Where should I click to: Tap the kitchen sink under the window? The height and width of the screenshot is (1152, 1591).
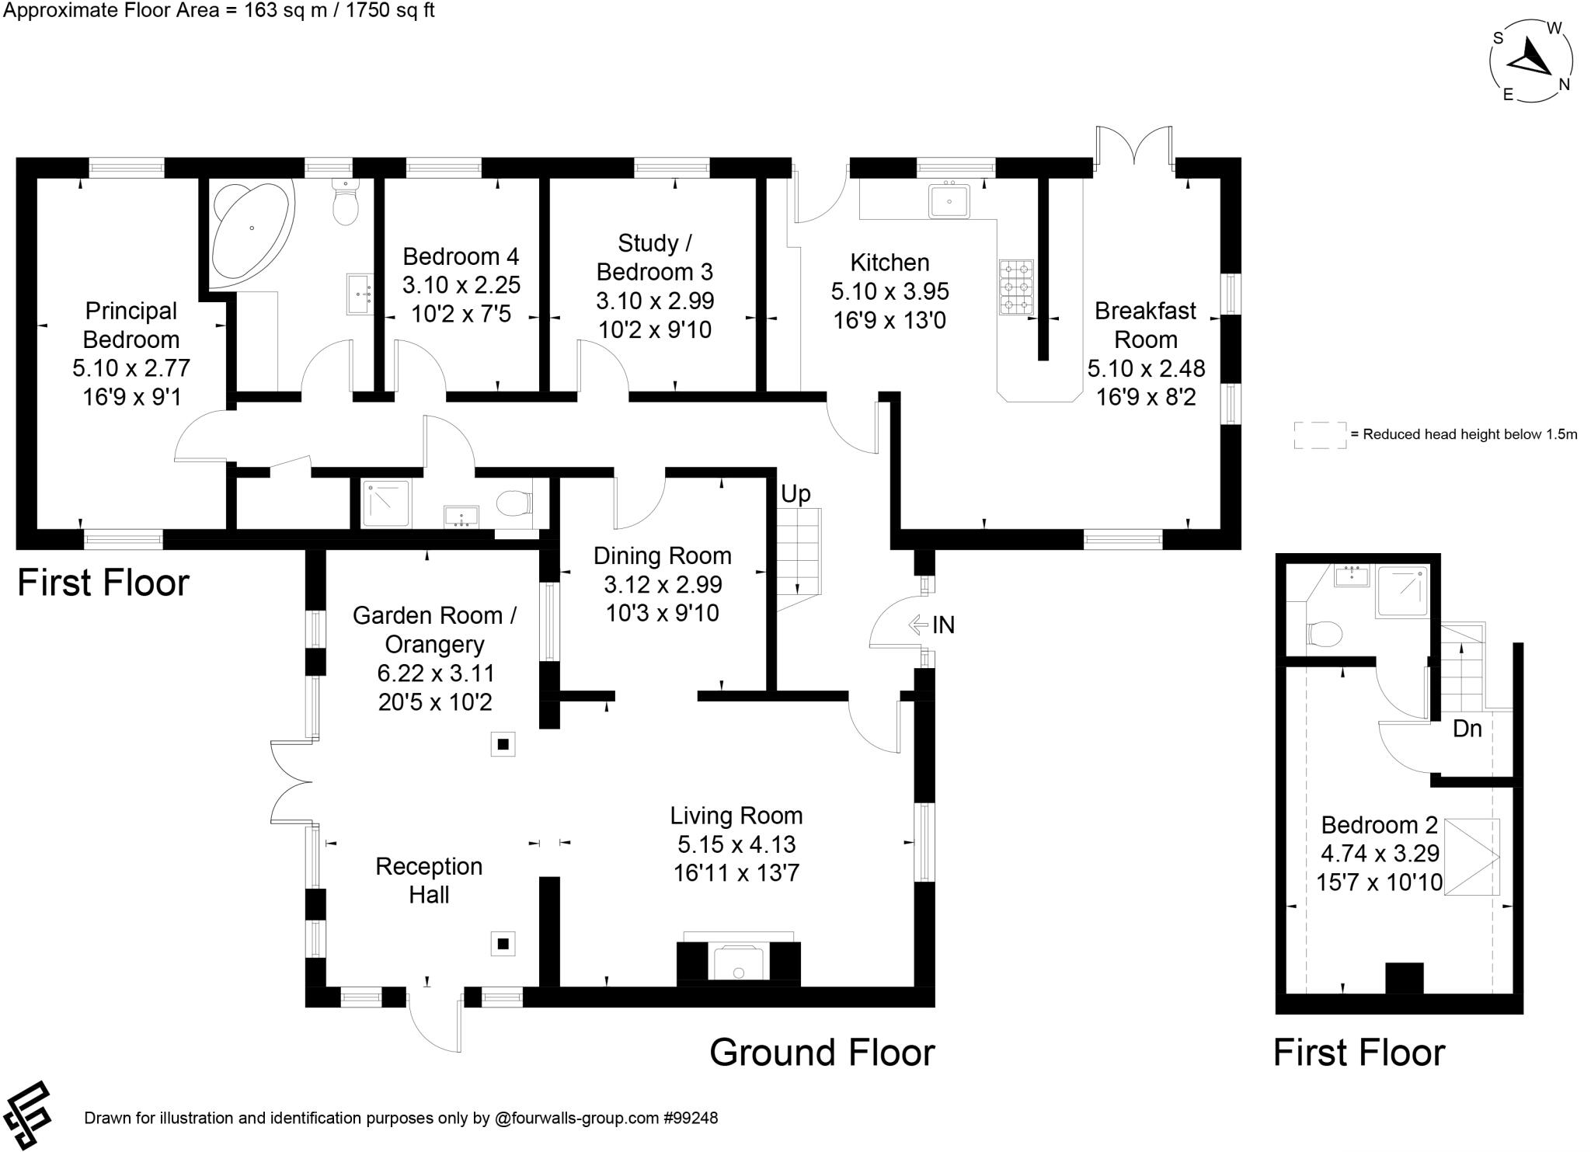pos(949,201)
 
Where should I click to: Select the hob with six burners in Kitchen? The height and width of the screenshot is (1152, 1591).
pos(1016,287)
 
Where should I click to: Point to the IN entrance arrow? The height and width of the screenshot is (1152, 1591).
pos(920,624)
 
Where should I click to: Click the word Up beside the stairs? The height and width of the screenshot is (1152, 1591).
pos(795,494)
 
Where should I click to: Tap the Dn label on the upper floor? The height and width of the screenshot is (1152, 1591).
pos(1467,729)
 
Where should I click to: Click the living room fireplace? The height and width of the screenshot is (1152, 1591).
pos(738,963)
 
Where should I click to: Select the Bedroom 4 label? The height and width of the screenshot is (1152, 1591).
pos(461,256)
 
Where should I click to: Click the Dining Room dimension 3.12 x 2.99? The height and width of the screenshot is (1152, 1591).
pos(663,584)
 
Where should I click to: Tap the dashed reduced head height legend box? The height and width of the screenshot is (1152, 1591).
pos(1320,435)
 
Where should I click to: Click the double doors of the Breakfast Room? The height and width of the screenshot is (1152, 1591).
pos(1134,148)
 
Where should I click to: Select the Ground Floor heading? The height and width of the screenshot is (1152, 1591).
pos(822,1053)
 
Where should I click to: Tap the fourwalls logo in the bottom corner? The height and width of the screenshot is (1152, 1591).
pos(27,1114)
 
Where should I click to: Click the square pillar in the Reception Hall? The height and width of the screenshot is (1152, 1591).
pos(503,944)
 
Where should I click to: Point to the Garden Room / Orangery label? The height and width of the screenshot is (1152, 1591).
pos(433,630)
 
